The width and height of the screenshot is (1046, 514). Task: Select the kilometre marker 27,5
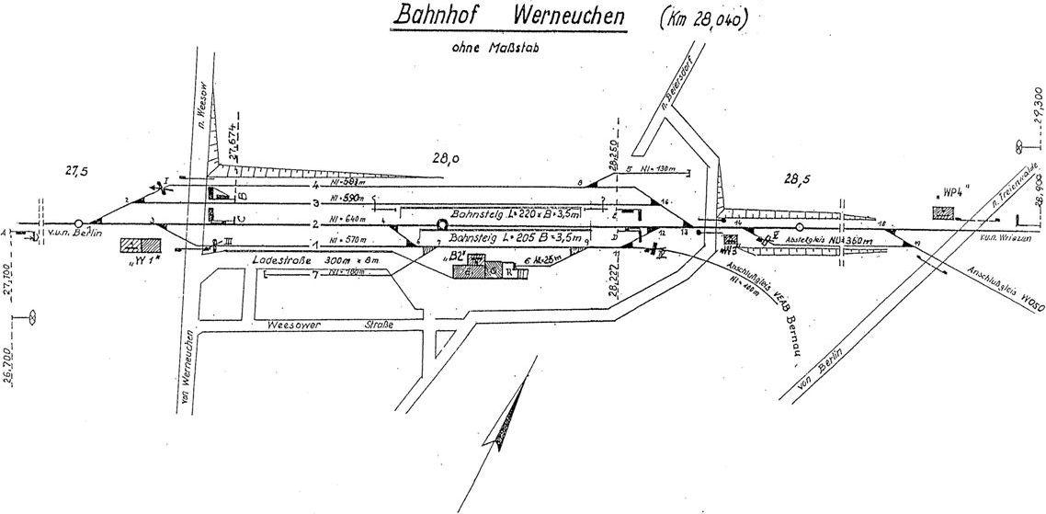[78, 171]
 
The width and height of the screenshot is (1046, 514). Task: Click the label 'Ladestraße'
[280, 263]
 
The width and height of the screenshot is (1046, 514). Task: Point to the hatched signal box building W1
[140, 246]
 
